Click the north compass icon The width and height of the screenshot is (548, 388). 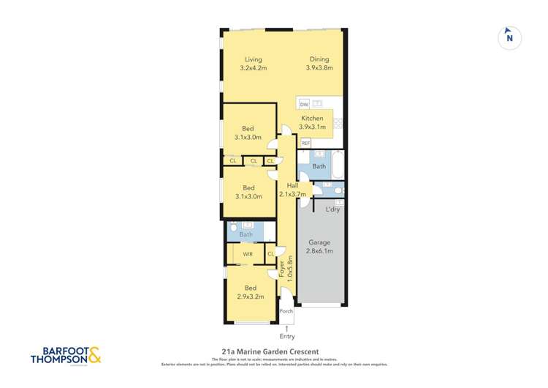point(509,38)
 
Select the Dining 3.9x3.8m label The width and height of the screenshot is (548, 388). point(319,64)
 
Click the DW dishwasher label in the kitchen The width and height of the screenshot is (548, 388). point(303,105)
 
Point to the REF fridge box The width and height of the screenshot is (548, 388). point(305,143)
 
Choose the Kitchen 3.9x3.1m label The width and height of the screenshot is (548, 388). point(312,122)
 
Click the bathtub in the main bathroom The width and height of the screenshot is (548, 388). point(338,166)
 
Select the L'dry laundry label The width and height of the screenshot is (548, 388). point(332,209)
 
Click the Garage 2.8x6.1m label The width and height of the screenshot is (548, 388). point(319,246)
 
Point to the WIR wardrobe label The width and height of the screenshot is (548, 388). point(248,253)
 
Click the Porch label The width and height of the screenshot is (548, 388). point(286,311)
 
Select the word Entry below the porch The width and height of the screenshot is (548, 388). point(287,337)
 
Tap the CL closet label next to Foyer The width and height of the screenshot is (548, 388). point(271,253)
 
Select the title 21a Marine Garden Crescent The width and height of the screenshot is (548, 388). point(273,351)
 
